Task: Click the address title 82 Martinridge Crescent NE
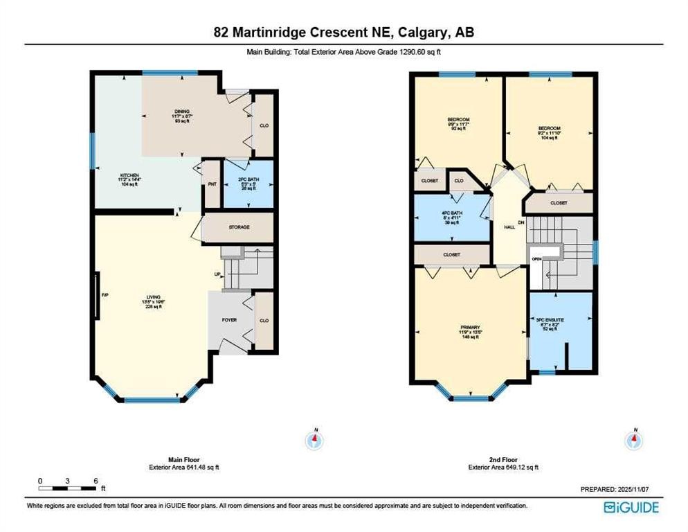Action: (343, 32)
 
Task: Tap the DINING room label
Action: (181, 110)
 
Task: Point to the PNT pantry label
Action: (212, 184)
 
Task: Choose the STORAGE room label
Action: (239, 227)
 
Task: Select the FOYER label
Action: (229, 320)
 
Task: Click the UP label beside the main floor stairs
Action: (217, 275)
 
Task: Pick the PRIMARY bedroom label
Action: (470, 327)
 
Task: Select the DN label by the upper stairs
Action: (521, 222)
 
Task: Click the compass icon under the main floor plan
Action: (315, 438)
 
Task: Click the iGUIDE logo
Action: (631, 507)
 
